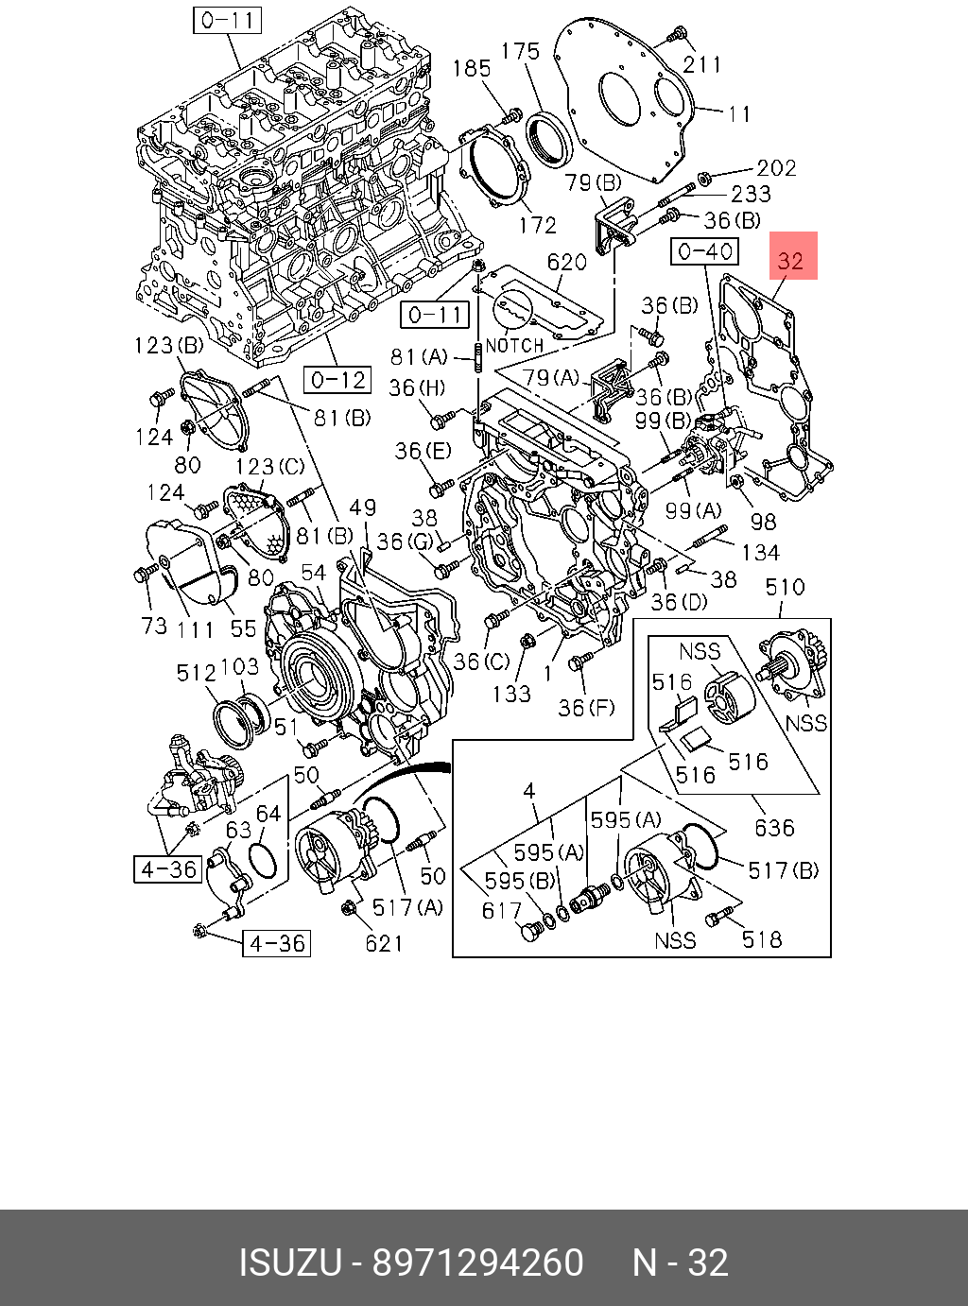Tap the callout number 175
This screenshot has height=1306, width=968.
520,52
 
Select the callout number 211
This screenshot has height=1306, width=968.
701,65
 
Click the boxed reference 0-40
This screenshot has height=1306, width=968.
704,252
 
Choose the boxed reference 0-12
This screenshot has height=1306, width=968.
337,380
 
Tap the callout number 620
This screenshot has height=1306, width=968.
567,262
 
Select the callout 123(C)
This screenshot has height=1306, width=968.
269,467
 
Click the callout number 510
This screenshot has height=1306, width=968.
785,587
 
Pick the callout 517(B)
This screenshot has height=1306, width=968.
784,870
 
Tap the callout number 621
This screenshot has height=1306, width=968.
384,944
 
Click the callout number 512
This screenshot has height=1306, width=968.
197,673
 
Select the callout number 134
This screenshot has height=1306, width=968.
761,552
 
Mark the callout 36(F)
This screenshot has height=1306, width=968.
586,708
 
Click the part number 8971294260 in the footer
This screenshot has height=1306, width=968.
477,1263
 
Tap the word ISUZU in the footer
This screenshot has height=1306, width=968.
290,1263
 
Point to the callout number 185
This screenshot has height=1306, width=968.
472,68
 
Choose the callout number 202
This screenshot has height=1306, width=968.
776,168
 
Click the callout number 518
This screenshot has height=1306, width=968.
762,939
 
